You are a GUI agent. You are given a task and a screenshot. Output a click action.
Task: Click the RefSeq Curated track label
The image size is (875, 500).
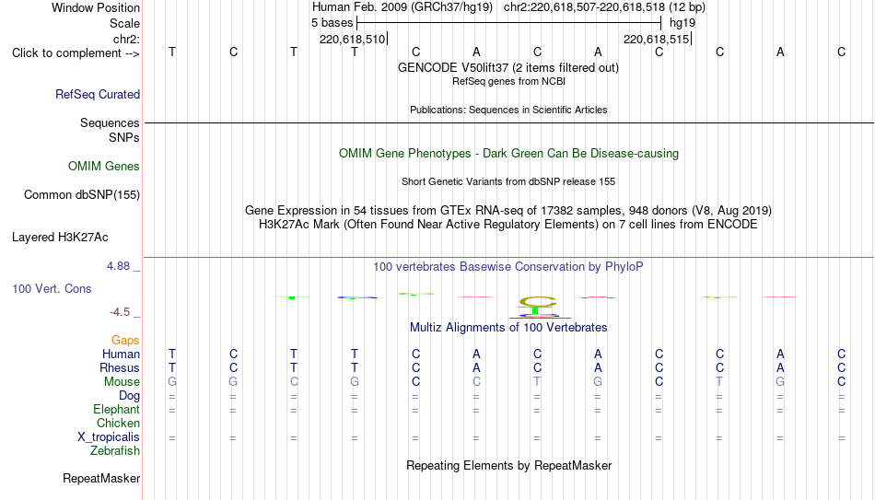tap(97, 94)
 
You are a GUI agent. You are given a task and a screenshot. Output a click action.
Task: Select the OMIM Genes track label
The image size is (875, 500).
tap(104, 167)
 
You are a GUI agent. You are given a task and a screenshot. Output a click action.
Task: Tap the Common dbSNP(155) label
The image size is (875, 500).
tap(81, 195)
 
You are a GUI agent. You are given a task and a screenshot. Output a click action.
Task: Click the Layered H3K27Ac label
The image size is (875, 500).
tap(60, 238)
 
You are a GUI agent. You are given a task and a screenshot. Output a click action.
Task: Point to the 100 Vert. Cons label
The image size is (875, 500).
tap(52, 288)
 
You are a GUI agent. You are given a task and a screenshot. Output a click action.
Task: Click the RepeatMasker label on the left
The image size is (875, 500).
tap(101, 478)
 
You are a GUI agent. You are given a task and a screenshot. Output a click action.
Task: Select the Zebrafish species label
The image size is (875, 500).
tap(115, 450)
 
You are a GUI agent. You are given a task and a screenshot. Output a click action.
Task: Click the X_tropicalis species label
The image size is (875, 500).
tap(109, 437)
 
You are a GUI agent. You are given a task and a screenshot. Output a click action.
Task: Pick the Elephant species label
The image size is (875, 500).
tap(116, 409)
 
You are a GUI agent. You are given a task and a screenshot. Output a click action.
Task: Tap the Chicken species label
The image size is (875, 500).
tap(118, 423)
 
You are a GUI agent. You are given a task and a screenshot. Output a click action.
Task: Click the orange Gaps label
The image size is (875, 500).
tap(125, 340)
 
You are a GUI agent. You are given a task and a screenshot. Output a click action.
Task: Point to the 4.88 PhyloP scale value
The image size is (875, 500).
tap(118, 265)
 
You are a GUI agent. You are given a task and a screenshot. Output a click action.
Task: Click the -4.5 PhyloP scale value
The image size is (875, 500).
tap(120, 312)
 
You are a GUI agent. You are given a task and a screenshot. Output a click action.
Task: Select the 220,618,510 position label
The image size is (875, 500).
tap(352, 39)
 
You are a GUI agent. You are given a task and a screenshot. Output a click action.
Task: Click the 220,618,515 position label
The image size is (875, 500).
tap(656, 39)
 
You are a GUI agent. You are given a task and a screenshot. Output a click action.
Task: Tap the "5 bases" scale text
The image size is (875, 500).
tap(332, 23)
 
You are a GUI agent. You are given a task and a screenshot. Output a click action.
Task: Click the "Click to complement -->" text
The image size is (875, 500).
tap(76, 53)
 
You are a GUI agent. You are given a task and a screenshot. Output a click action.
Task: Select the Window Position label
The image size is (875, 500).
tap(96, 7)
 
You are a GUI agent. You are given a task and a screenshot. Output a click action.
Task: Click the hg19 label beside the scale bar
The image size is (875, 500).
tap(682, 23)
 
